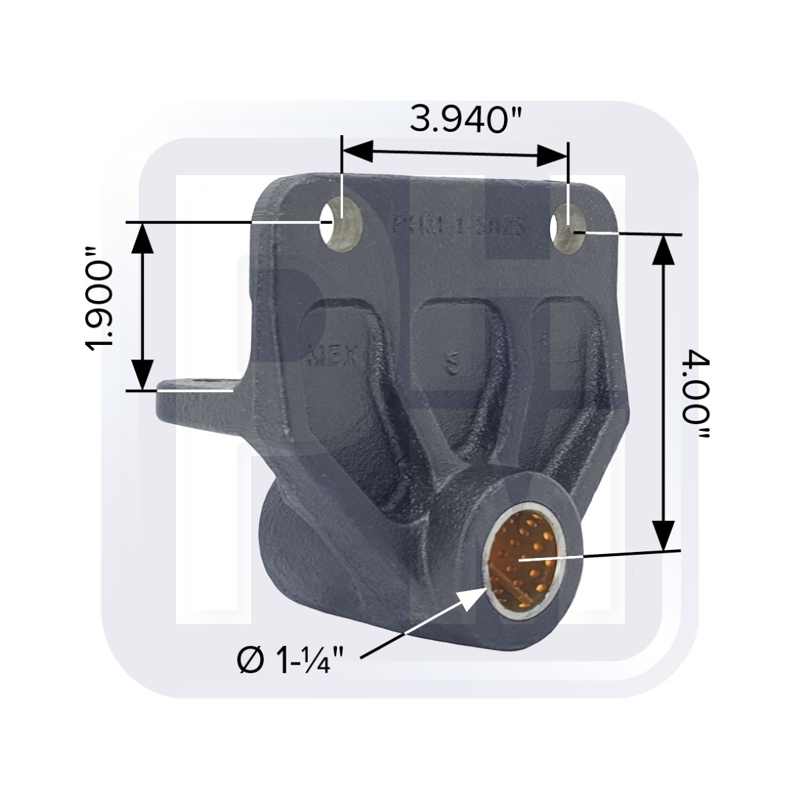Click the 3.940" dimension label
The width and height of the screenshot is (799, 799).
tap(455, 121)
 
